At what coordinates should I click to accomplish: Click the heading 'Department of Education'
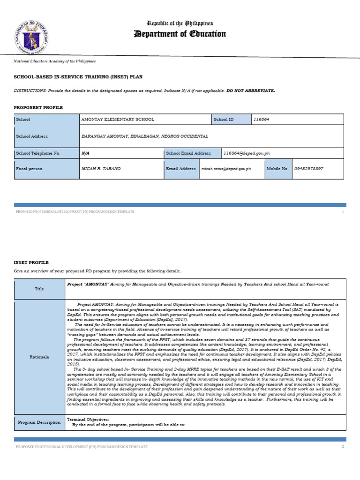pos(180,34)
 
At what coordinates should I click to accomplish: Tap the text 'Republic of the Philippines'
pos(180,23)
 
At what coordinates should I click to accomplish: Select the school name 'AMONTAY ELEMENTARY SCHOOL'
pos(118,120)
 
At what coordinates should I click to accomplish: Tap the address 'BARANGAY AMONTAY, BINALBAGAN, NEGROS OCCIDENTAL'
pos(145,136)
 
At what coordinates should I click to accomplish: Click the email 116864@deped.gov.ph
pos(247,153)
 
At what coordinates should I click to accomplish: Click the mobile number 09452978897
pos(309,168)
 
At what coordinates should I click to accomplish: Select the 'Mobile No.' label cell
pos(278,168)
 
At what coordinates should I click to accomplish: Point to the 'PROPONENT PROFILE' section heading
pos(38,107)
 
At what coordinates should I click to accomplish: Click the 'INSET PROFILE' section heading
pos(31,262)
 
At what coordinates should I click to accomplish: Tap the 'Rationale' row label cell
pos(39,357)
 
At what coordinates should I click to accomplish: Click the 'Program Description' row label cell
pos(39,422)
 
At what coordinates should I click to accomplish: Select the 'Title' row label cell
pos(39,289)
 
